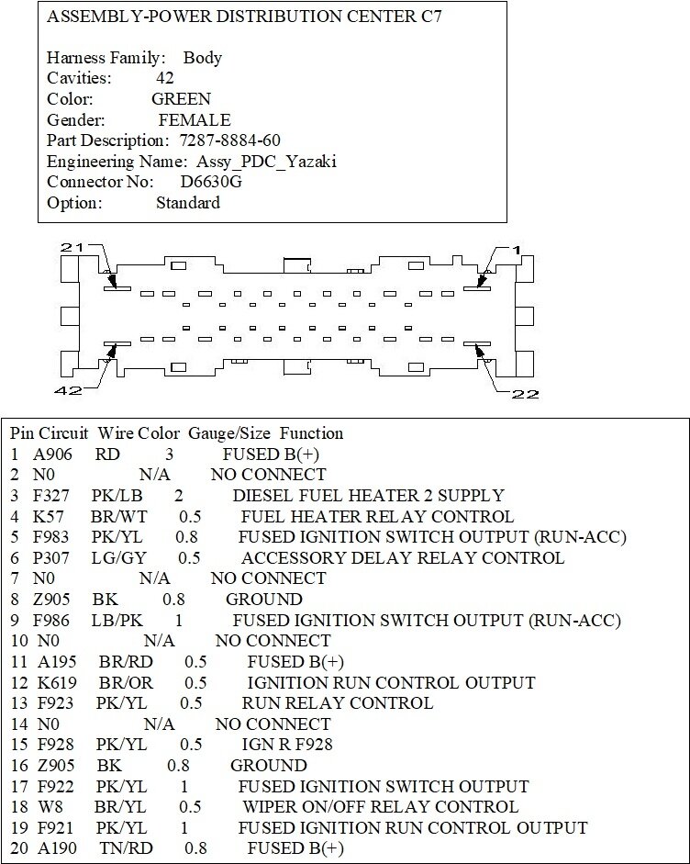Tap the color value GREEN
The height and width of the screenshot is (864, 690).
tap(182, 99)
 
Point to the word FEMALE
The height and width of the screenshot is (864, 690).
tap(195, 120)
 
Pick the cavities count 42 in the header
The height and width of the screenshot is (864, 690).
tap(165, 79)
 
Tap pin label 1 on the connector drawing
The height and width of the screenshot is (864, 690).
tap(517, 250)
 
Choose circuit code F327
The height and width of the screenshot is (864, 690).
tap(52, 496)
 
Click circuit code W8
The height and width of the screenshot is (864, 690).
tap(46, 808)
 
